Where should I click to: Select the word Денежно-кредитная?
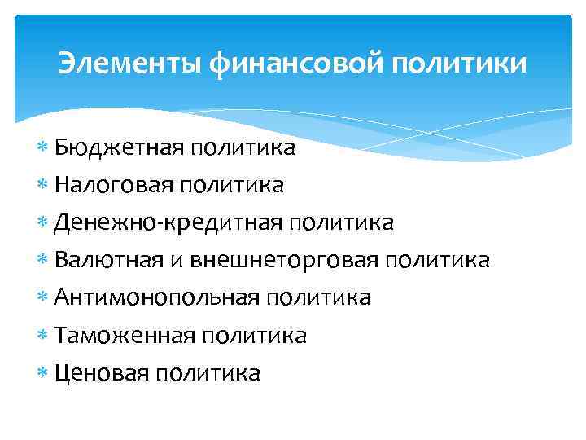(168, 223)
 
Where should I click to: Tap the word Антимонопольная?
(156, 298)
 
